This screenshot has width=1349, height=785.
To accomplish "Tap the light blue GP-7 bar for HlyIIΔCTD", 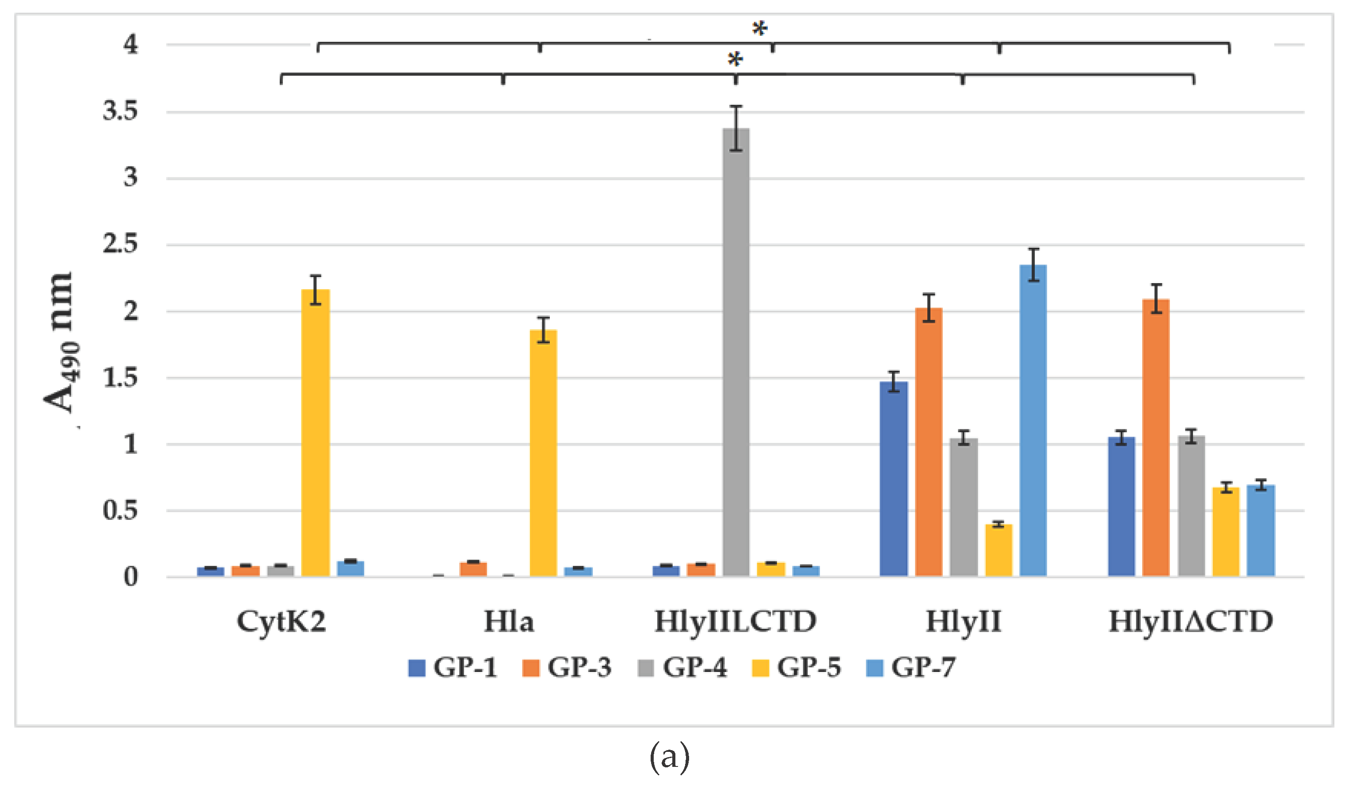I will pos(1261,530).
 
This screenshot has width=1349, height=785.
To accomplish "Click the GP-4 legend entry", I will pos(683,668).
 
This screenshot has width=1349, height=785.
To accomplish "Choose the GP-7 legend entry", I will pos(911,668).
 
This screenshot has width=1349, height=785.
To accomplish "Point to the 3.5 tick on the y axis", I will pos(120,111).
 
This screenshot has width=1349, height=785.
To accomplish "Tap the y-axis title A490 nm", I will pos(60,342).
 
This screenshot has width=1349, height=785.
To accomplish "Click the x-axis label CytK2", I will pos(281,622).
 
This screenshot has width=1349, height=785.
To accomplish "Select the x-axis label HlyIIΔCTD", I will pos(1191,622).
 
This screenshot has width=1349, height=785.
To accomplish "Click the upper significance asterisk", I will pos(759,28).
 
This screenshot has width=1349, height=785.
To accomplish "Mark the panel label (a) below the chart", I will pos(669,758).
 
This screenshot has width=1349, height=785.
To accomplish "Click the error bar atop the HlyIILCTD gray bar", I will pos(736,129).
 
